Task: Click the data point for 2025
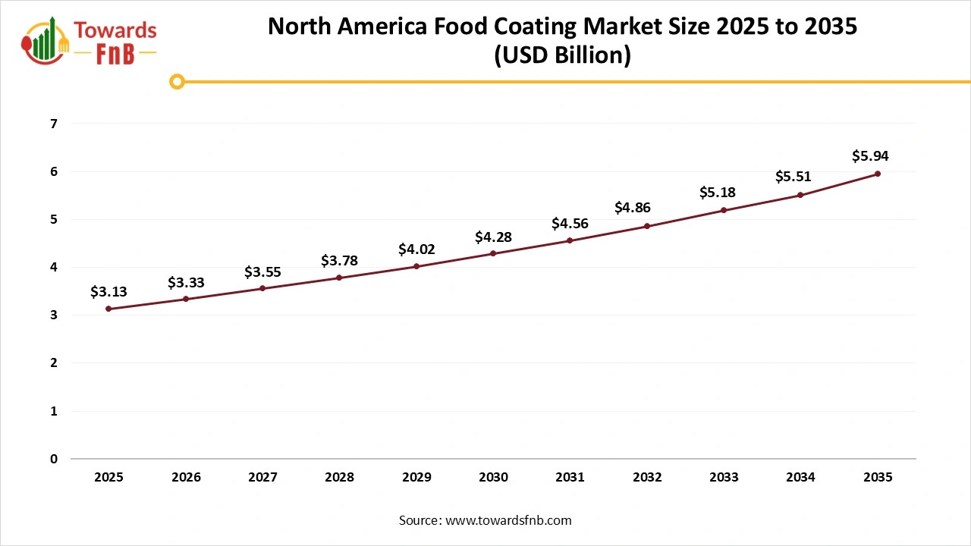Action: point(108,309)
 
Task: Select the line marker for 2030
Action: point(493,253)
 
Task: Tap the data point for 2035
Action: point(878,174)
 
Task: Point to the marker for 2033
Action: point(724,210)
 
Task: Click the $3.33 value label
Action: point(186,283)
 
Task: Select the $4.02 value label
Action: point(416,249)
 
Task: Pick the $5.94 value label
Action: point(870,156)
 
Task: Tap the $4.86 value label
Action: point(632,208)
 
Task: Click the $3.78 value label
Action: point(339,261)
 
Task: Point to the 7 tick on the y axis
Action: point(53,124)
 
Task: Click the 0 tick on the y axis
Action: point(53,459)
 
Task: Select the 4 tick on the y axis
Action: point(53,267)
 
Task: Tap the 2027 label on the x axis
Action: point(262,478)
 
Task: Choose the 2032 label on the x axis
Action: point(647,478)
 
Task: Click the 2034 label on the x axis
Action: point(801,478)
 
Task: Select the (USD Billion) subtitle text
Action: point(562,55)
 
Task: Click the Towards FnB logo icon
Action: point(46,41)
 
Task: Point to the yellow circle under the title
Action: point(177,81)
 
